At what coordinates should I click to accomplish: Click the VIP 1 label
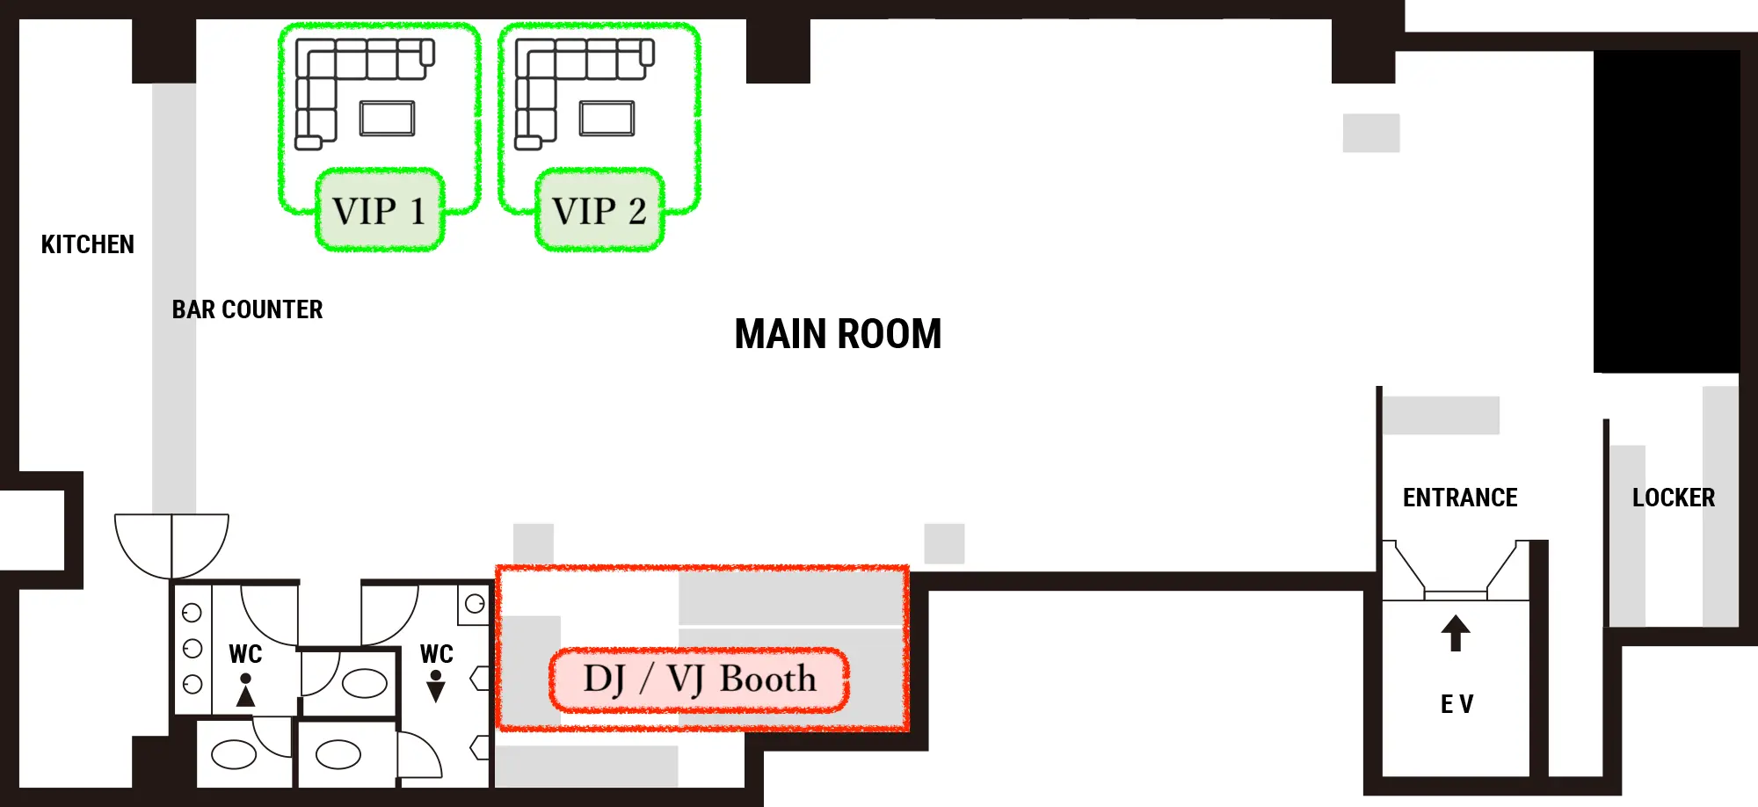tap(380, 211)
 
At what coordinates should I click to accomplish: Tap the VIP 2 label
tap(599, 211)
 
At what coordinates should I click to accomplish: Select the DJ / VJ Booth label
tap(700, 680)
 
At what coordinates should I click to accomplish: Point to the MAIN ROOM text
tap(838, 335)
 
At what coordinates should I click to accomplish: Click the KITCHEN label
tap(88, 244)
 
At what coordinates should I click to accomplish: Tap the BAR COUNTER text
tap(247, 309)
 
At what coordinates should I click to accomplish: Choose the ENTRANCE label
tap(1460, 498)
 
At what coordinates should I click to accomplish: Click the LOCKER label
tap(1674, 498)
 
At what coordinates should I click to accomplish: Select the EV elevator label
tap(1457, 704)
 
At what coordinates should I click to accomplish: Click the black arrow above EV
tap(1456, 633)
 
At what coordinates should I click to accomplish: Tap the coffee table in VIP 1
tap(387, 119)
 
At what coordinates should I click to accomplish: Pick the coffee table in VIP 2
tap(607, 119)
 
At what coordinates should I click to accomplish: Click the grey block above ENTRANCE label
tap(1441, 415)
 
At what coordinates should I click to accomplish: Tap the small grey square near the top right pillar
tap(1370, 133)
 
